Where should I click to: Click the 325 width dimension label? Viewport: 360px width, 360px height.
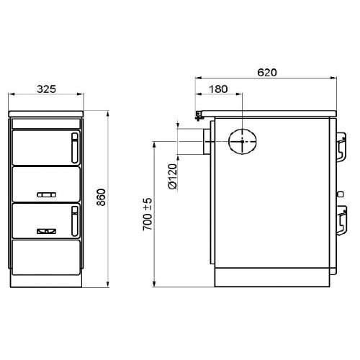pyautogui.click(x=46, y=89)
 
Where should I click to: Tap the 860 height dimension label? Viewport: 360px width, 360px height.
pyautogui.click(x=102, y=197)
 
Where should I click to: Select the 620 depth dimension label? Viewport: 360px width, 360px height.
pyautogui.click(x=267, y=72)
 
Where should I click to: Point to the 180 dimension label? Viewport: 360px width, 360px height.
pyautogui.click(x=218, y=89)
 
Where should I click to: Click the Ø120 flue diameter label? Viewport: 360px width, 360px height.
pyautogui.click(x=173, y=176)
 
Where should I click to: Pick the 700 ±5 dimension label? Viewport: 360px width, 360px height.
pyautogui.click(x=148, y=215)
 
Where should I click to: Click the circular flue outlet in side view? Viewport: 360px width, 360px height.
pyautogui.click(x=243, y=141)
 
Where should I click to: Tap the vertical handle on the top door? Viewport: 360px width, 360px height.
pyautogui.click(x=75, y=148)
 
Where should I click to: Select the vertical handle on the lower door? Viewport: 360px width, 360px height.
pyautogui.click(x=75, y=221)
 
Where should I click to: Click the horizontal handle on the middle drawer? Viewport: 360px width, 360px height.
pyautogui.click(x=47, y=194)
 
